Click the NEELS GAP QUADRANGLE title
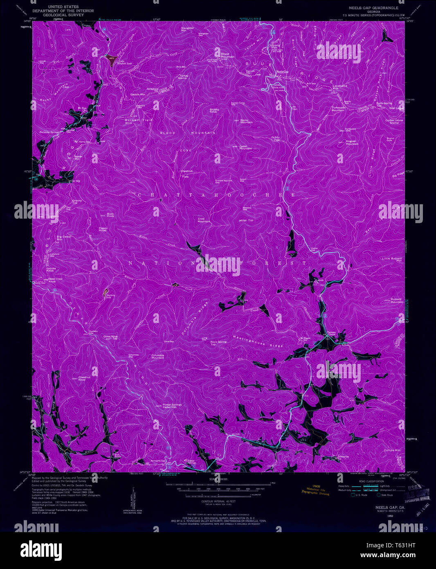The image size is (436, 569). pos(373,8)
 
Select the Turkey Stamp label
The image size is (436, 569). pos(183,77)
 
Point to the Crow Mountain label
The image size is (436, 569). pos(204,220)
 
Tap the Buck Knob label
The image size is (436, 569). pos(110,214)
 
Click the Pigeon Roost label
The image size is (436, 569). pos(103,230)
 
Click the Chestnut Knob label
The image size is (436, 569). pos(84,378)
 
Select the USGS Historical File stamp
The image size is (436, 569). pos(315,490)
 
